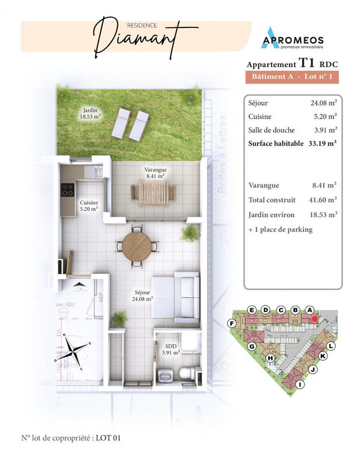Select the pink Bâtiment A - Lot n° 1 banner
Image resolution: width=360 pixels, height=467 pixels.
tap(293, 77)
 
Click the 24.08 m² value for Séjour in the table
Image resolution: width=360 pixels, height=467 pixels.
tap(324, 103)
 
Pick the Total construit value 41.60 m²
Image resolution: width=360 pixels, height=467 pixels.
tap(324, 200)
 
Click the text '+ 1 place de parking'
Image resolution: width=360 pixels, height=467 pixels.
tap(280, 229)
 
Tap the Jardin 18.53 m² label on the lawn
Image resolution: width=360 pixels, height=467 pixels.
tap(90, 113)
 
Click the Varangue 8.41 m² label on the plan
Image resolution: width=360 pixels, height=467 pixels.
tap(155, 172)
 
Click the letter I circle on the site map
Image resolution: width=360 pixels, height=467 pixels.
tap(300, 384)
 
